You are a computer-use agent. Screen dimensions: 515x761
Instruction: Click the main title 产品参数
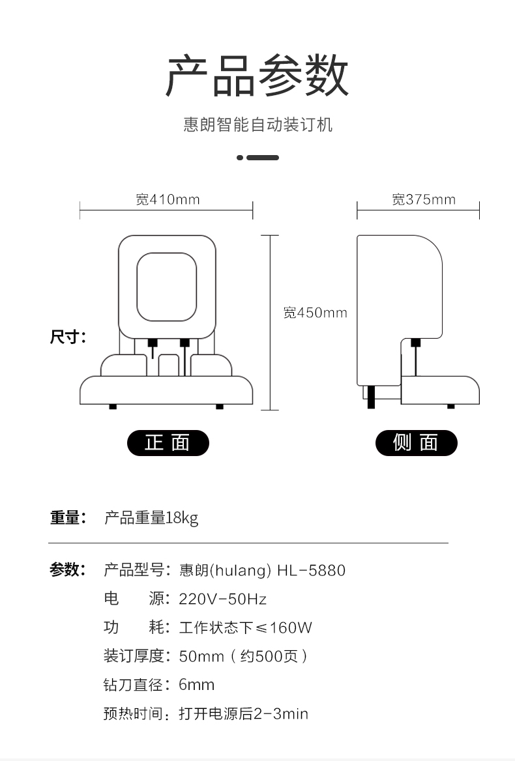[257, 76]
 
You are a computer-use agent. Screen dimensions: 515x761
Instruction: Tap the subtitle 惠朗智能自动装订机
[257, 124]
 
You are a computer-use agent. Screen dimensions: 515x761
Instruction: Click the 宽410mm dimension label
[168, 199]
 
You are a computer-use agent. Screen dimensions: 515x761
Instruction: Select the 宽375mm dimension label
[424, 199]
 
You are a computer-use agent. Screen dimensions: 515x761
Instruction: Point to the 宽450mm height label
[316, 313]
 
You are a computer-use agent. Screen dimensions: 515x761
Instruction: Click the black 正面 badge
[168, 442]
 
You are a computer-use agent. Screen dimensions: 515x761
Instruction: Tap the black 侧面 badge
[417, 442]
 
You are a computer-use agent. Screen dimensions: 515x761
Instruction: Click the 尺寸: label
[68, 336]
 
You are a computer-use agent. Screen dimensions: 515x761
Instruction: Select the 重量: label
[68, 517]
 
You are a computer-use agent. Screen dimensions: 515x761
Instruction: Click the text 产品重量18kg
[151, 518]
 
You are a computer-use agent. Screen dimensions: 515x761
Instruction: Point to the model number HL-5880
[311, 570]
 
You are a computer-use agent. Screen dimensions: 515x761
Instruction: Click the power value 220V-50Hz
[223, 599]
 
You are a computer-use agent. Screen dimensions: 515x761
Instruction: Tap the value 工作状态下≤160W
[246, 627]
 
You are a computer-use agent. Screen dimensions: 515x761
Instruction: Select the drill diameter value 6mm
[197, 685]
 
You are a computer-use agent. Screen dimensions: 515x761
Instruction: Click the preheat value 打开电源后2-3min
[244, 713]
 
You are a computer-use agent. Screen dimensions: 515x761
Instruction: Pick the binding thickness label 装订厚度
[134, 656]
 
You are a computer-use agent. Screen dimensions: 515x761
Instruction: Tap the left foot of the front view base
[113, 407]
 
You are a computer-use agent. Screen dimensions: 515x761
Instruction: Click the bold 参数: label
[68, 570]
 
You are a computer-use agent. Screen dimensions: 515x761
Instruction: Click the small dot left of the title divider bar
[240, 158]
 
